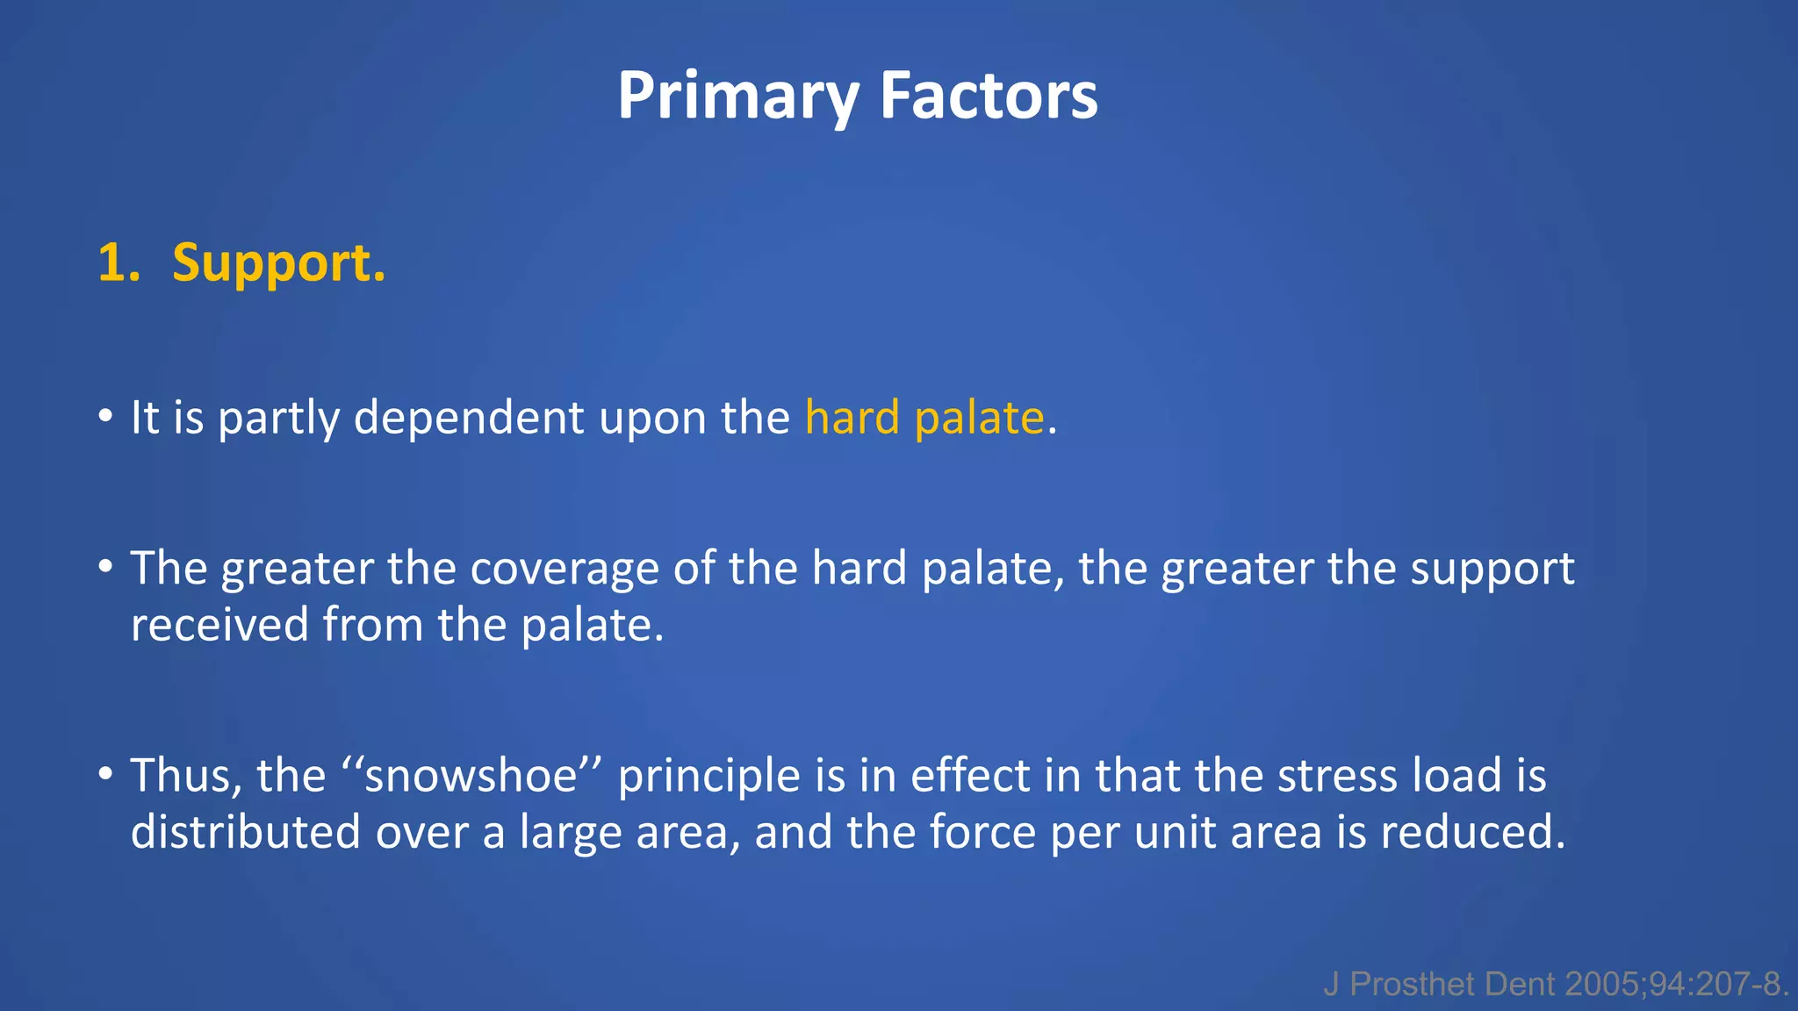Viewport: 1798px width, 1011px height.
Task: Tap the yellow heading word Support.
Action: click(x=278, y=263)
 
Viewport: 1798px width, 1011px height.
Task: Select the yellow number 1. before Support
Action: click(x=119, y=263)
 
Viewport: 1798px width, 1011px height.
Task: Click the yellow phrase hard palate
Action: click(x=924, y=418)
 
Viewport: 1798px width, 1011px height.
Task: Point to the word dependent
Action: click(x=468, y=418)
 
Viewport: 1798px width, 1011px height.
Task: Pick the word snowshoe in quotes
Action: click(x=471, y=776)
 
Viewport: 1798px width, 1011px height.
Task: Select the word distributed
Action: click(x=245, y=832)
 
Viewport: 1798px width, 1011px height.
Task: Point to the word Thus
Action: click(x=180, y=776)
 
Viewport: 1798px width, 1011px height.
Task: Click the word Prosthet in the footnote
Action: click(x=1412, y=985)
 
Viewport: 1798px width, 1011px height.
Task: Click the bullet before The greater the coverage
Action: click(x=105, y=567)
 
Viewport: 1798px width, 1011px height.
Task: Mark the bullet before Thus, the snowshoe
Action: click(x=105, y=774)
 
